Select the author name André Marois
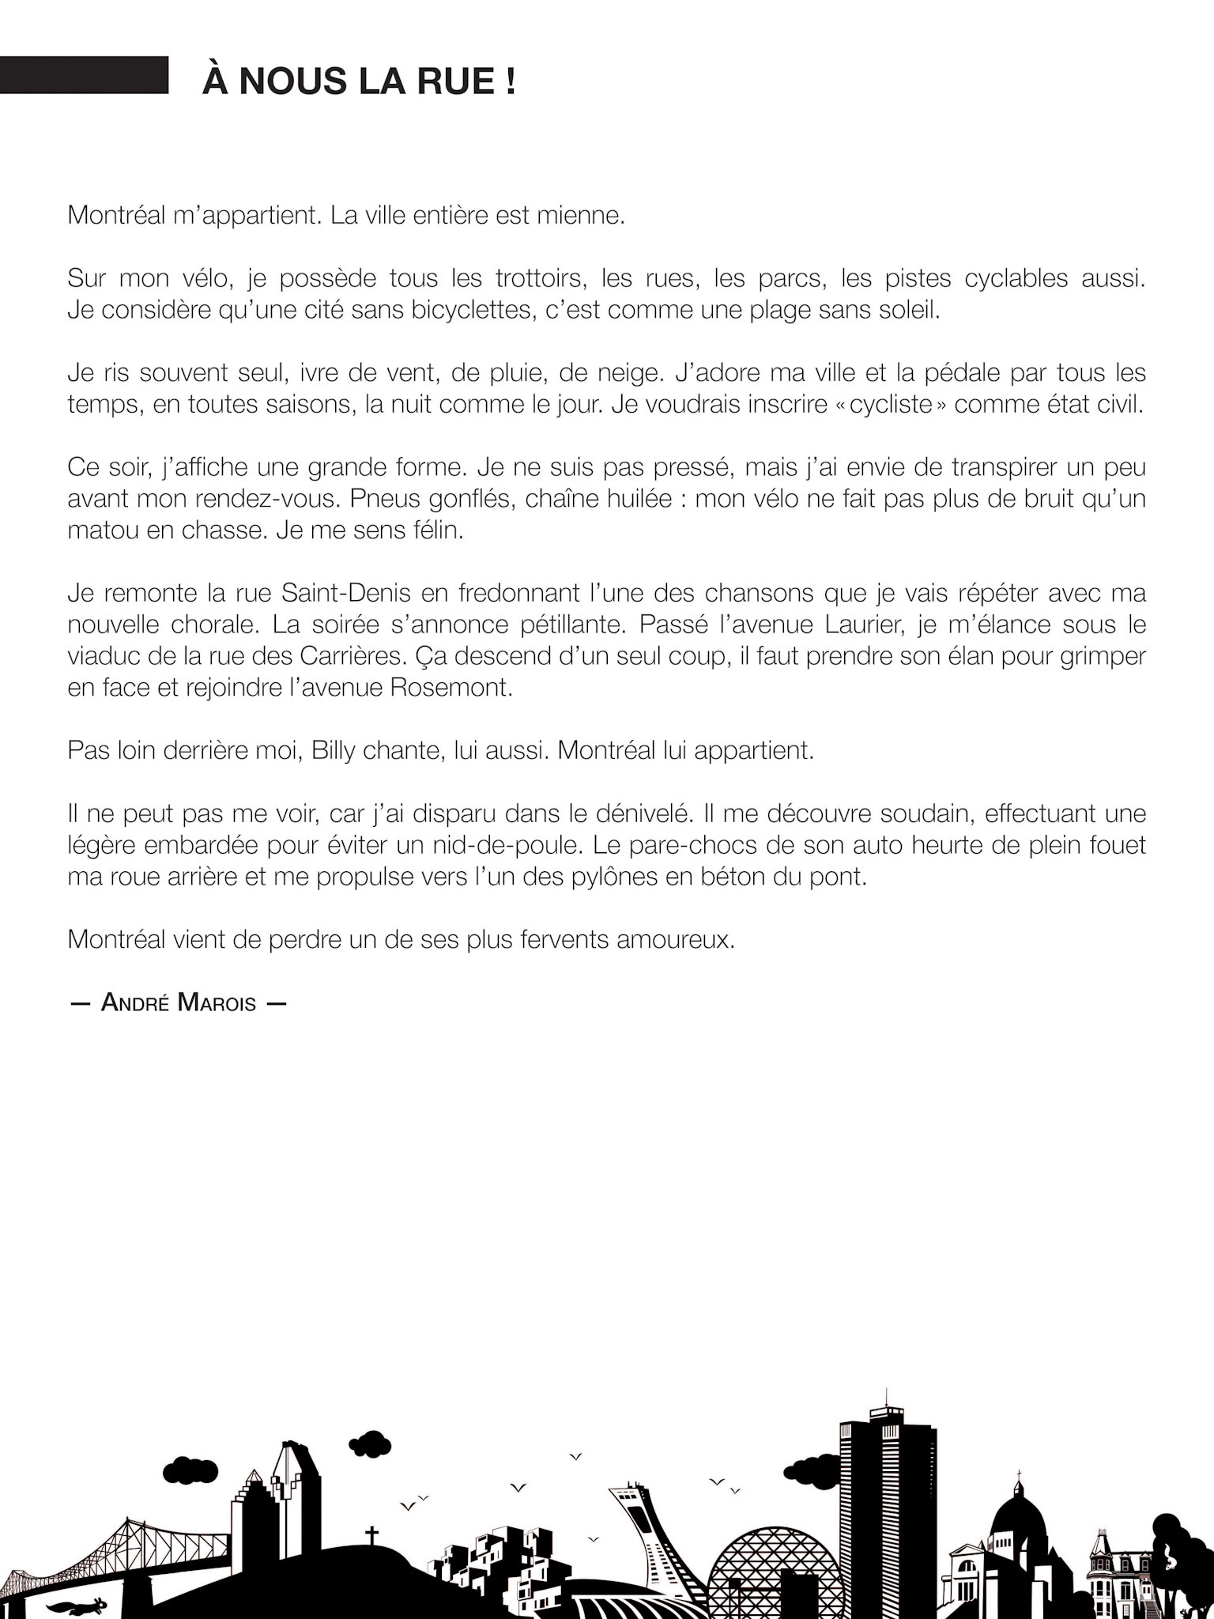tap(178, 1003)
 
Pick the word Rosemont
tap(451, 687)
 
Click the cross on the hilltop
tap(371, 1534)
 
